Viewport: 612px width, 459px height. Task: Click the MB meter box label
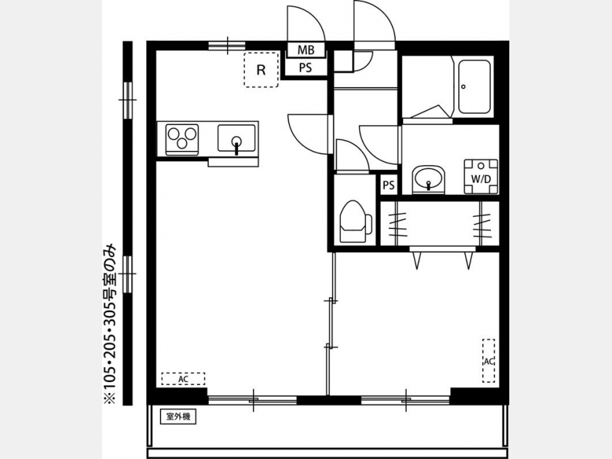coord(306,50)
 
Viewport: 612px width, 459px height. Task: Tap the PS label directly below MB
coord(305,68)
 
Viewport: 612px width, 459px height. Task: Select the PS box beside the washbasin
coord(389,184)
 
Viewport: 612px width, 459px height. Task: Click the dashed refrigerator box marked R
coord(261,69)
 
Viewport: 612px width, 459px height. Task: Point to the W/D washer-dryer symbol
coord(481,176)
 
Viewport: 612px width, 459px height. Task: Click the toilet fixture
coord(356,222)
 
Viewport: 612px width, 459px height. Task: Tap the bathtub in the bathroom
coord(474,86)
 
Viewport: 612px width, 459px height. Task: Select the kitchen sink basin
coord(237,138)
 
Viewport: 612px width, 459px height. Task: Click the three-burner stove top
coord(182,139)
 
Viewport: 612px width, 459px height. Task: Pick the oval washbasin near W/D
coord(428,180)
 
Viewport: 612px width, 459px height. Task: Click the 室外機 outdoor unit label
coord(178,416)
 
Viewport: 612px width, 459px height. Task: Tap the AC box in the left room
coord(183,379)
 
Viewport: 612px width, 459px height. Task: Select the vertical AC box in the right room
coord(489,361)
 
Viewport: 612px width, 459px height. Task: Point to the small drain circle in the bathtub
coord(463,86)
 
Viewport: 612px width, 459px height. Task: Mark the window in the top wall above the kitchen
coord(227,46)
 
